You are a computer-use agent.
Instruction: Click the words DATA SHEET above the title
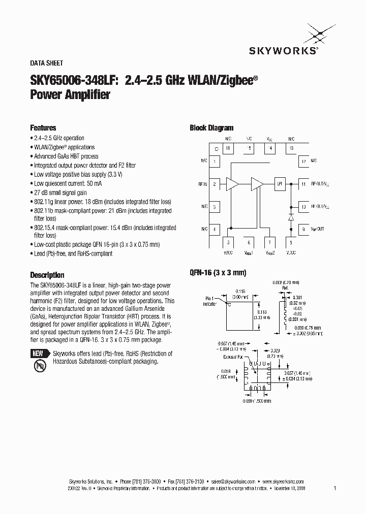pyautogui.click(x=47, y=63)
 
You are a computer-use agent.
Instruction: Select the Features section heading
pyautogui.click(x=43, y=128)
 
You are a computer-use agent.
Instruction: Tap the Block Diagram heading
pyautogui.click(x=211, y=128)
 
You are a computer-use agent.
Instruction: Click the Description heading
pyautogui.click(x=47, y=275)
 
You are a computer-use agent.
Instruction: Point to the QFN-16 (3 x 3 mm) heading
pyautogui.click(x=218, y=273)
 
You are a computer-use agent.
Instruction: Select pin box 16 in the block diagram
pyautogui.click(x=227, y=148)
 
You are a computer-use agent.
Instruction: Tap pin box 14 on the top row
pyautogui.click(x=270, y=148)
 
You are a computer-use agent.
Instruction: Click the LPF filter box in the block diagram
pyautogui.click(x=279, y=184)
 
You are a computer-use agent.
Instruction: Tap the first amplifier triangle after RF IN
pyautogui.click(x=233, y=184)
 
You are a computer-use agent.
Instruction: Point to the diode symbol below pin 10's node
pyautogui.click(x=291, y=217)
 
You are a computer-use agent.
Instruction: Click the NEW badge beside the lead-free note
pyautogui.click(x=38, y=354)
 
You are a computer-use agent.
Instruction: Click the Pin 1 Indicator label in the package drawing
pyautogui.click(x=209, y=301)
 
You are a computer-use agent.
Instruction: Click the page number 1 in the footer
pyautogui.click(x=335, y=488)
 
